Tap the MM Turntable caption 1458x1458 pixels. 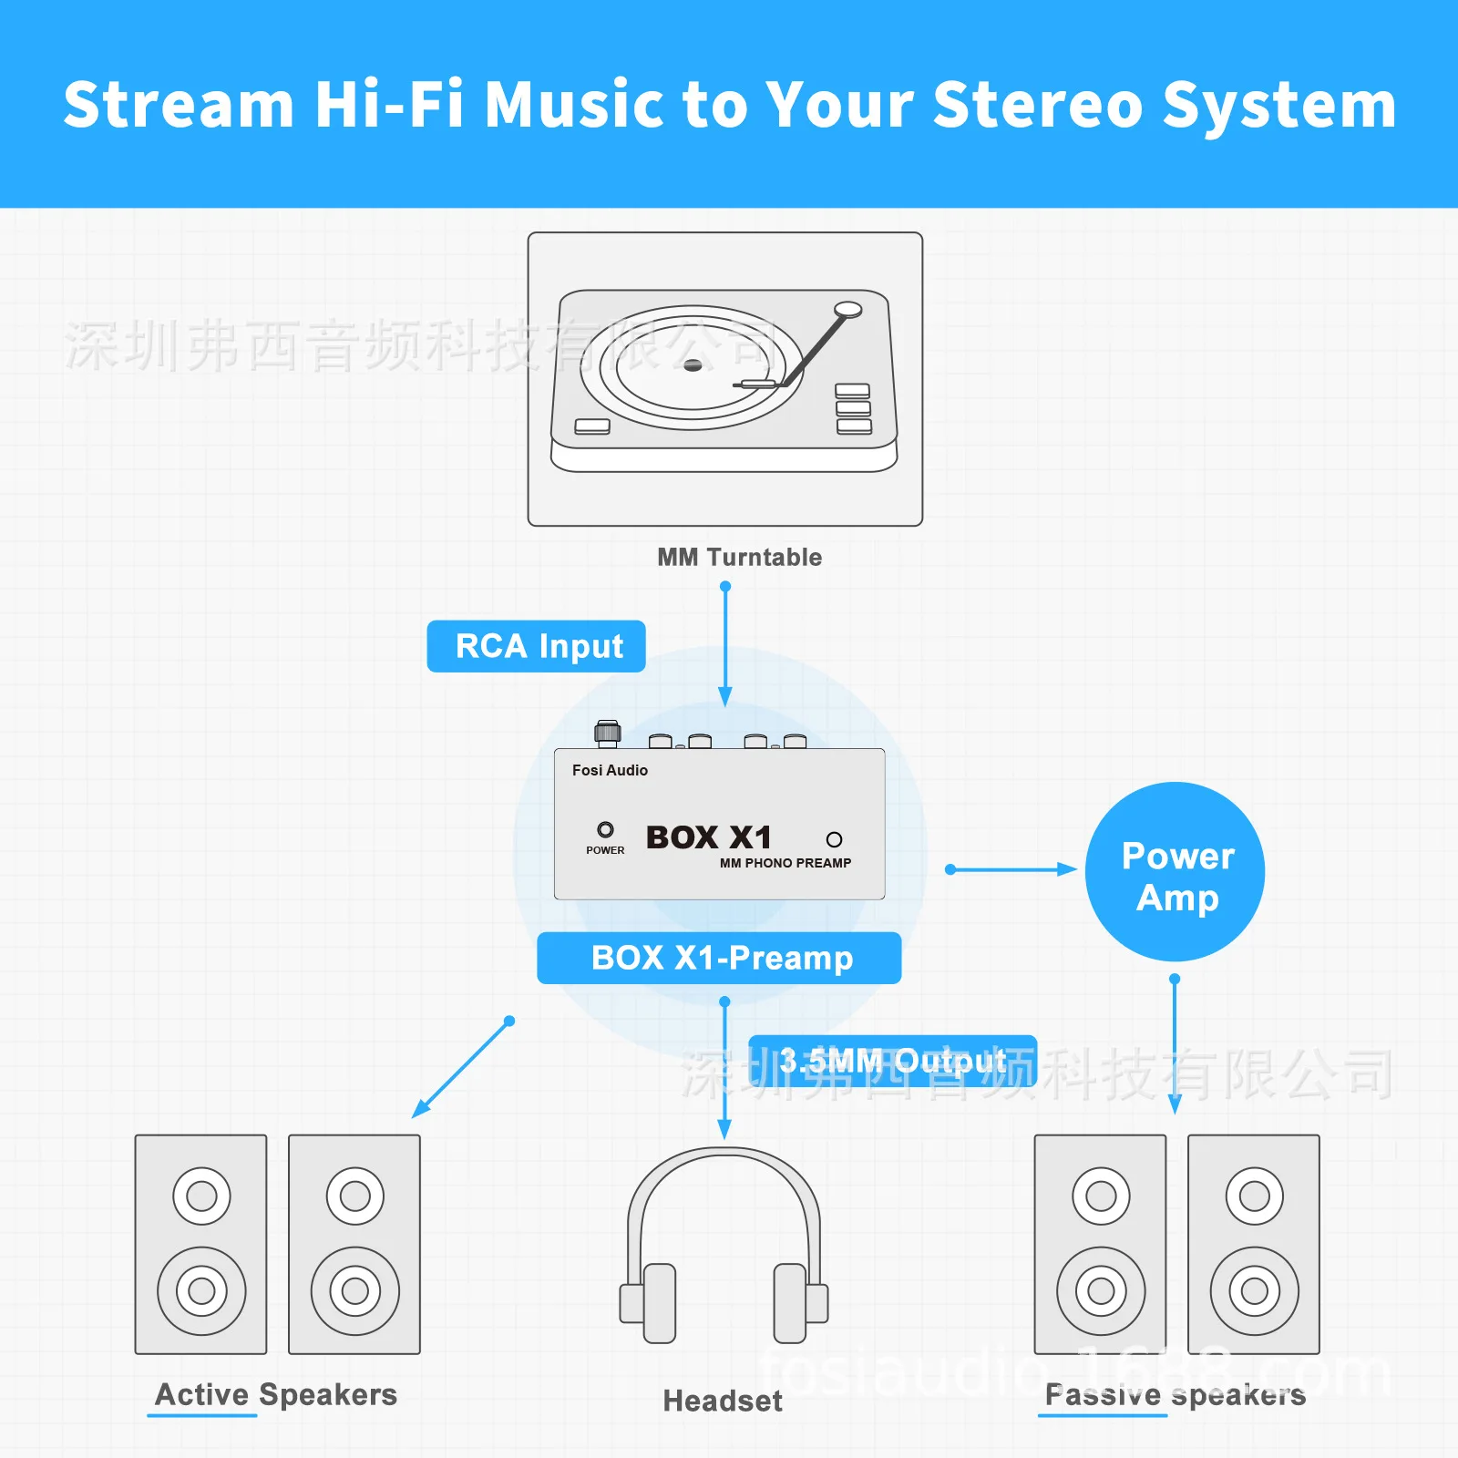pos(739,557)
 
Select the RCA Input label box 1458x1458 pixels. pos(537,646)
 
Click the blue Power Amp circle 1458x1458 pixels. pos(1175,872)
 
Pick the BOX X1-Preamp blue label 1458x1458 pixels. pos(719,958)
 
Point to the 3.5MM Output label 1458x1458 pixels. pos(892,1061)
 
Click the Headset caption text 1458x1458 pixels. pos(722,1401)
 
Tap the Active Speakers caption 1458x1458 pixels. pos(276,1394)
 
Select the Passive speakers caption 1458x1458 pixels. pos(1175,1394)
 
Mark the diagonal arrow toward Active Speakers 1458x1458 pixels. pos(461,1069)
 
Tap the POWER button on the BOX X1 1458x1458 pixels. pos(605,830)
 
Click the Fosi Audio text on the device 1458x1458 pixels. pos(610,770)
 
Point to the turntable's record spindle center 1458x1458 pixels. pos(693,365)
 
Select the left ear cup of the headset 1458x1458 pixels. pos(658,1303)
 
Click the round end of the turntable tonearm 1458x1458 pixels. pos(847,309)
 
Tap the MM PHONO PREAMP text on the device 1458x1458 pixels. pos(785,863)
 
